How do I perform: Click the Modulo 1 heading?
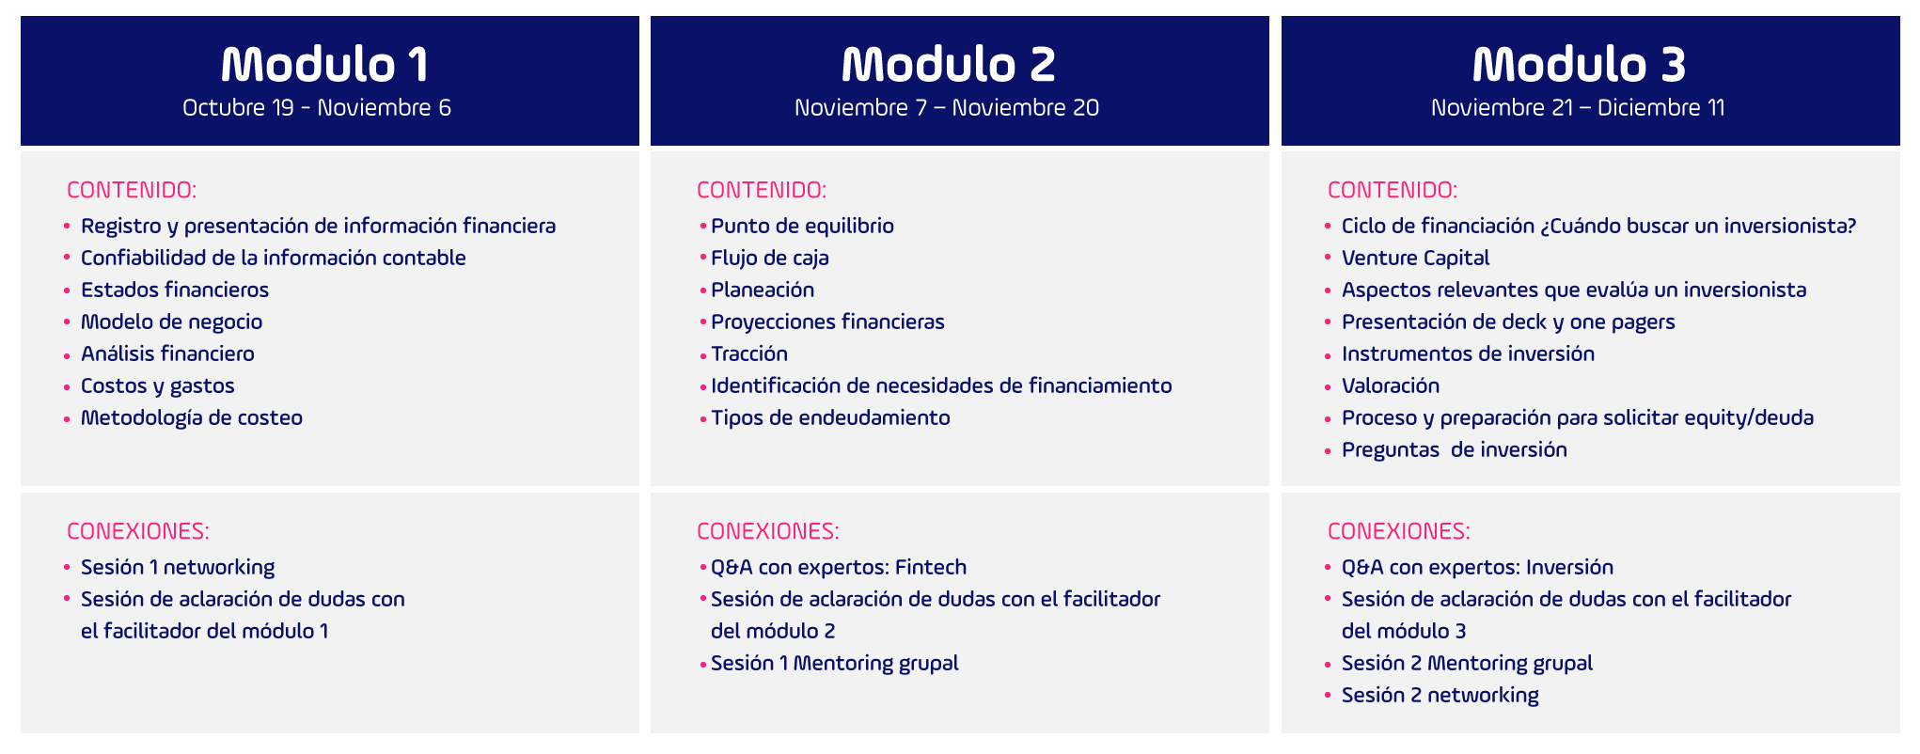point(324,64)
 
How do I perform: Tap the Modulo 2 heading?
point(949,64)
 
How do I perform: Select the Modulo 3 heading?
point(1580,64)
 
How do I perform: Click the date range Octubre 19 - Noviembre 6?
point(317,107)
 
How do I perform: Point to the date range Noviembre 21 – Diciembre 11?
point(1578,107)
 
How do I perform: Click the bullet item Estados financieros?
point(175,290)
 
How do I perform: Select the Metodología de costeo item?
point(192,417)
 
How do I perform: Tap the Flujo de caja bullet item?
point(770,258)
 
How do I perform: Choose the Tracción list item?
point(749,353)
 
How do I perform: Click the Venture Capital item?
point(1416,258)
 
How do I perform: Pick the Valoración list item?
point(1391,385)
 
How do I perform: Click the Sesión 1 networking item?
point(178,567)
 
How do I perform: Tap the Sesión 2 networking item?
point(1440,695)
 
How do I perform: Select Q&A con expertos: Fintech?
point(839,567)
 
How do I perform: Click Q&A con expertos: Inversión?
point(1477,567)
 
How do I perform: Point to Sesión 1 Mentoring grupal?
point(835,663)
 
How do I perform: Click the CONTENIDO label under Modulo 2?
point(762,190)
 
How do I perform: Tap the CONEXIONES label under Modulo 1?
point(138,531)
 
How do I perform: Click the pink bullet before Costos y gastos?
point(67,386)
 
